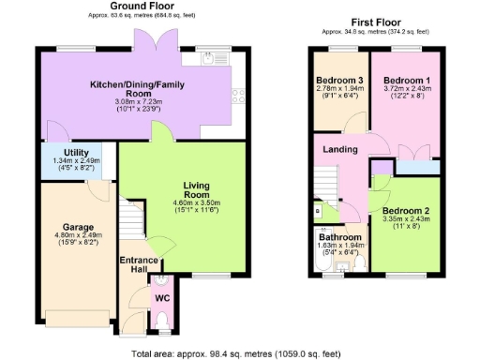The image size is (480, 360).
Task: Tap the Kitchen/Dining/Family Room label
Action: [133, 89]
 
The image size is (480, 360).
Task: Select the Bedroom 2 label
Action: [405, 210]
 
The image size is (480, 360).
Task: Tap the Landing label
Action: [339, 150]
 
